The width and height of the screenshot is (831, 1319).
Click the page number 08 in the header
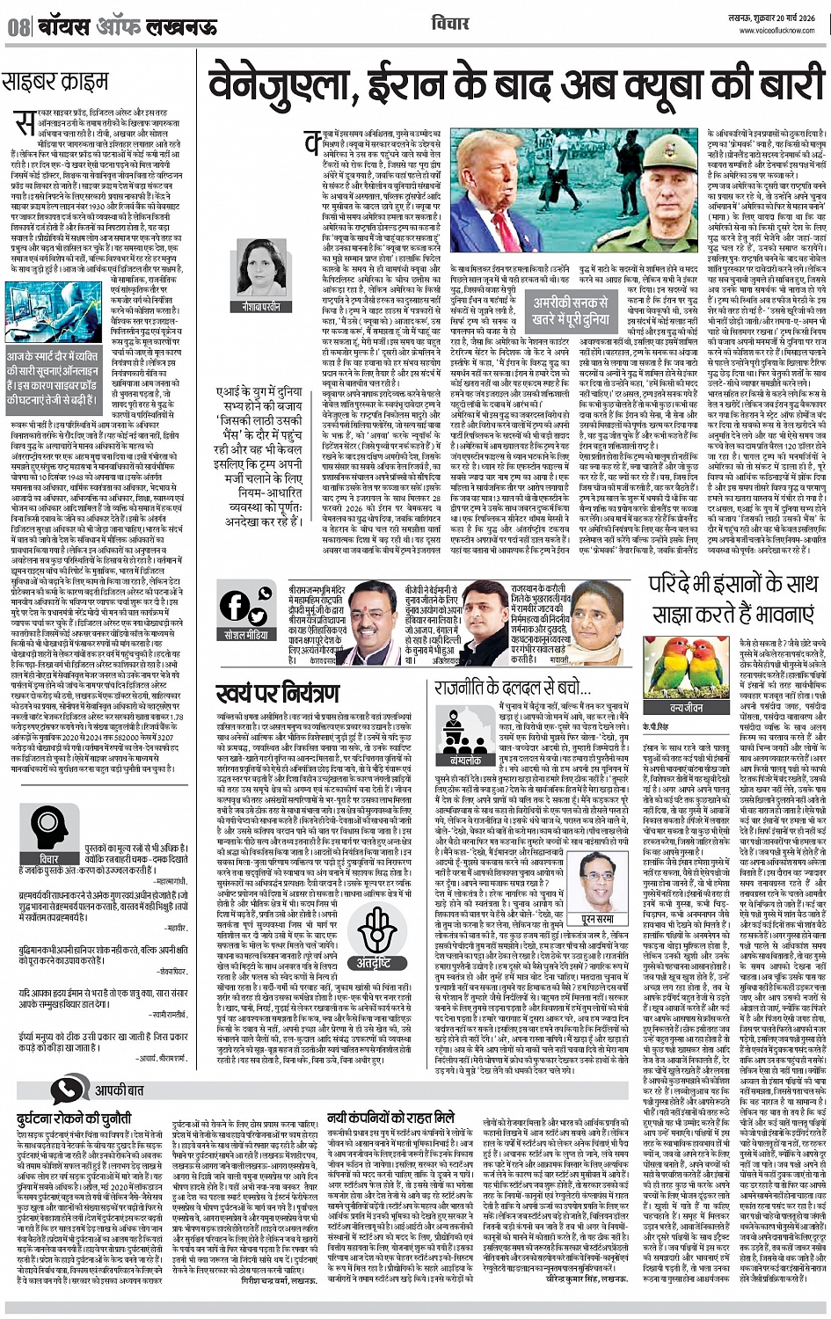click(18, 26)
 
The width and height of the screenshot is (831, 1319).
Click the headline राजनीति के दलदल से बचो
click(512, 688)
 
